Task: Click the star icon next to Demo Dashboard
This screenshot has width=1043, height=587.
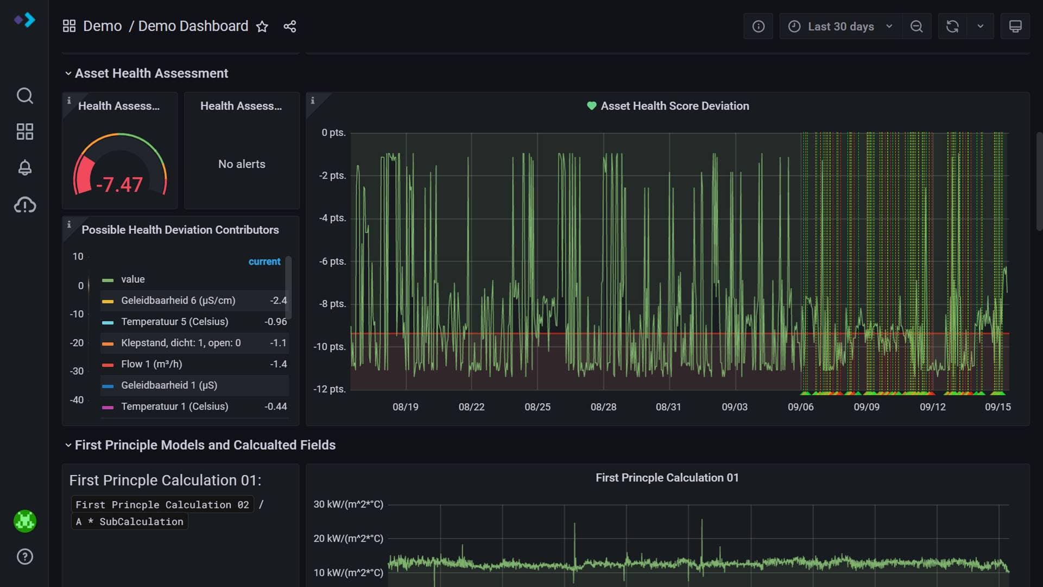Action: point(262,27)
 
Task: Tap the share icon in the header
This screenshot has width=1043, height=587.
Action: point(290,27)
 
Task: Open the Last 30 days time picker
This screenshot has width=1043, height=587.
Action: point(840,27)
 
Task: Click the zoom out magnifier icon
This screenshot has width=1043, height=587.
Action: point(916,27)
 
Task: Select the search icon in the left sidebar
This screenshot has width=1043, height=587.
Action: point(25,96)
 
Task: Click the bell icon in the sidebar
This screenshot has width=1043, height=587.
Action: point(25,168)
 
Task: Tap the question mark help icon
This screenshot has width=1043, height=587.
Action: point(25,557)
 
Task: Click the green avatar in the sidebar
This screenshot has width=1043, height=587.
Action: point(25,521)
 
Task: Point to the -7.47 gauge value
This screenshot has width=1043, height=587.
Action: point(119,185)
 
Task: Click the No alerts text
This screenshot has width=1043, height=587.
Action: point(242,164)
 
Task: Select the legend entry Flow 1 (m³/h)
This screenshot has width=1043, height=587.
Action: point(151,364)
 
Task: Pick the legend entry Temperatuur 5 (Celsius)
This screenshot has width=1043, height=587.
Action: point(175,322)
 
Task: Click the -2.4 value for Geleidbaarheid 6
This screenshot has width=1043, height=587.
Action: point(279,301)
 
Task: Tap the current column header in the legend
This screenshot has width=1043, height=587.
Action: point(264,262)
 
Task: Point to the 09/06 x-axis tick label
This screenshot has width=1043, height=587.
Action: point(801,407)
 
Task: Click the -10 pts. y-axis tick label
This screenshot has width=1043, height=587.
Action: point(330,346)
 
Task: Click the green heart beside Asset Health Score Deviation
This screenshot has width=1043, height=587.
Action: point(592,106)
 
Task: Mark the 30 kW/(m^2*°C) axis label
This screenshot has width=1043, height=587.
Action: point(349,504)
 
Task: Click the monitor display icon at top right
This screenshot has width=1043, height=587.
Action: point(1015,27)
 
